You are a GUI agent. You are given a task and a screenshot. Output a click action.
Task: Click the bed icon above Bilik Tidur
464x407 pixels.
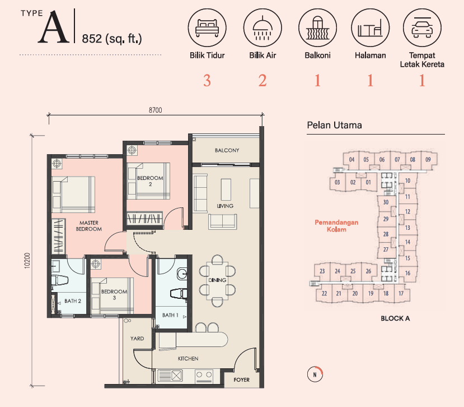(x=207, y=27)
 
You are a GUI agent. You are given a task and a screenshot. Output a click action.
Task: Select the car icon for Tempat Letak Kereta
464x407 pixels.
(x=422, y=27)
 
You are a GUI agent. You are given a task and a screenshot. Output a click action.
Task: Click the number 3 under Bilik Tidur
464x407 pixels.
(x=207, y=81)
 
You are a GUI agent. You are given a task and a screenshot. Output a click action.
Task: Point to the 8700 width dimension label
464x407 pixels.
(x=156, y=110)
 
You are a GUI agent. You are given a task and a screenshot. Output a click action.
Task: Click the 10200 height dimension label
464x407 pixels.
(x=27, y=261)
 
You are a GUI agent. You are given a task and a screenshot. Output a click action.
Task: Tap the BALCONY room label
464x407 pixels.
(x=227, y=150)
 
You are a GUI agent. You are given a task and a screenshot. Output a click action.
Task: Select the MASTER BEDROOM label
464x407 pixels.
(x=89, y=226)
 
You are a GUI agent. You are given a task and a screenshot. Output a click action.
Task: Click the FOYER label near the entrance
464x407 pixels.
(x=241, y=380)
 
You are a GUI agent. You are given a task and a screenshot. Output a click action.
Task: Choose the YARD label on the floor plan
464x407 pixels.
(x=137, y=339)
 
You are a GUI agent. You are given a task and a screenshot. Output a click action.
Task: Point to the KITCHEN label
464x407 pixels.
(x=188, y=359)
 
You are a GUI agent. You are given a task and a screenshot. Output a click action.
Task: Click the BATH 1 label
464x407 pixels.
(x=170, y=315)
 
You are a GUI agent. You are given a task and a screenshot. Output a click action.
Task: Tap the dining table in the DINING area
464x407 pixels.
(x=217, y=280)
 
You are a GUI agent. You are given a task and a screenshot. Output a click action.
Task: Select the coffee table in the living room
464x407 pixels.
(x=226, y=189)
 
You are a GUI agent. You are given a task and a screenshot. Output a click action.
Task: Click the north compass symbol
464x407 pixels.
(x=315, y=374)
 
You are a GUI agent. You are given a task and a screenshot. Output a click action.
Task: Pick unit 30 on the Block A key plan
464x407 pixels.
(x=386, y=202)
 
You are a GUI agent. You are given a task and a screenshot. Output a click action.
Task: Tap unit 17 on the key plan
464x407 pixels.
(x=401, y=293)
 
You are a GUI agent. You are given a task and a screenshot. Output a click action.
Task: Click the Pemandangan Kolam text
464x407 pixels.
(x=336, y=226)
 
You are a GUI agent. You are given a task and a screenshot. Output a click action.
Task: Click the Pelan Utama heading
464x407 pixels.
(x=334, y=125)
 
